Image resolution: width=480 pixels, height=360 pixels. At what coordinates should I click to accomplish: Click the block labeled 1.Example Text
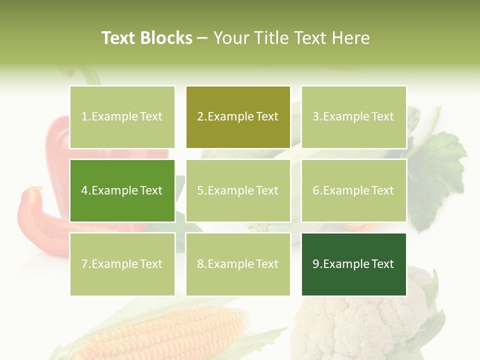tap(122, 117)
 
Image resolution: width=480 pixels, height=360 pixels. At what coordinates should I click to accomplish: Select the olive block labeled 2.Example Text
tap(238, 117)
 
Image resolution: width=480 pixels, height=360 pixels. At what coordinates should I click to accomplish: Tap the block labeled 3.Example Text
tap(353, 117)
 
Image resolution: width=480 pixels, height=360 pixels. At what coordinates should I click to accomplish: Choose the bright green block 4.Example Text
tap(122, 190)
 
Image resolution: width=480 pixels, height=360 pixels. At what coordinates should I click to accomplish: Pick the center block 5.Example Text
tap(238, 190)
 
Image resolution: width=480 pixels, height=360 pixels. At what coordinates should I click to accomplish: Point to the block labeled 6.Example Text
tap(353, 190)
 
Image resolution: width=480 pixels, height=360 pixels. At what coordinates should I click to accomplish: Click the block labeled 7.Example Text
tap(122, 264)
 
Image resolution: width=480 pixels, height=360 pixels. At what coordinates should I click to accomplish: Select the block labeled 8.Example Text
tap(238, 264)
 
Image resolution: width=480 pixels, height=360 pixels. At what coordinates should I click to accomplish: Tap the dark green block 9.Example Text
tap(353, 264)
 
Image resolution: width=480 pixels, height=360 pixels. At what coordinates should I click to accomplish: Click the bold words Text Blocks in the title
tap(147, 38)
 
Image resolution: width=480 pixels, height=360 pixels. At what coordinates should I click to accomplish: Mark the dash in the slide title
tap(203, 38)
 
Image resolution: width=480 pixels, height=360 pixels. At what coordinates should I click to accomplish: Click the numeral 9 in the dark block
tap(316, 264)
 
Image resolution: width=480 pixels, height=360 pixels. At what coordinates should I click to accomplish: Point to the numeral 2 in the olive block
tap(200, 117)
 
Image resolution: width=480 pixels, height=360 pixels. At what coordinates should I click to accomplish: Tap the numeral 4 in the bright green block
tap(84, 190)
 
